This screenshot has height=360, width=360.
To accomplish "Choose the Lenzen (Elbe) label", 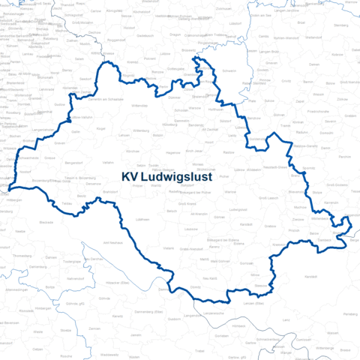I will pyautogui.click(x=253, y=304).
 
